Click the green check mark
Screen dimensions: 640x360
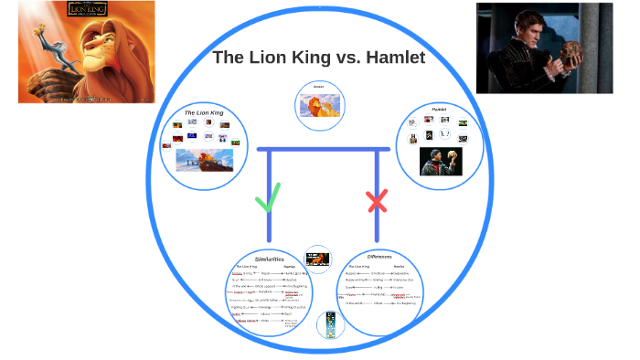point(269,196)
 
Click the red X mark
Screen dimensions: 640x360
point(377,201)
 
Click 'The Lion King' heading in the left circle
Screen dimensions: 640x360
point(204,112)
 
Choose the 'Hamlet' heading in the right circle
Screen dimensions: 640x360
point(439,110)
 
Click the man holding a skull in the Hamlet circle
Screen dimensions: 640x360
point(440,161)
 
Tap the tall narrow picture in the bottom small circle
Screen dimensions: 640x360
point(331,324)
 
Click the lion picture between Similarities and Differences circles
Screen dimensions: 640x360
point(317,257)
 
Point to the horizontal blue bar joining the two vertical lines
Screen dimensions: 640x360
point(324,149)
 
